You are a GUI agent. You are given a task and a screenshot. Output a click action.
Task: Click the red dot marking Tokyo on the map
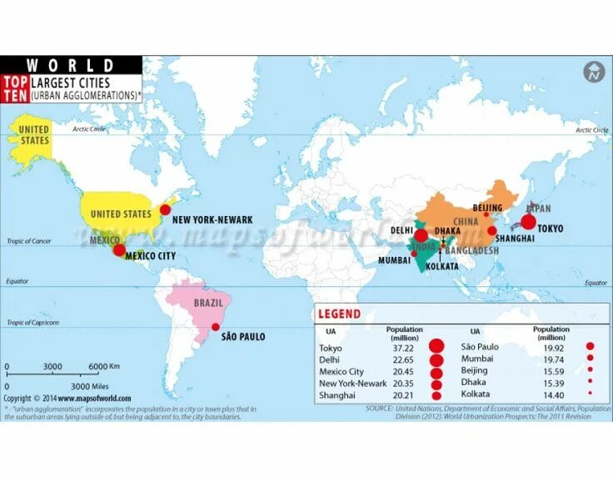527,222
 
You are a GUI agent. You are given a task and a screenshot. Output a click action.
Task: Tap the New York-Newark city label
212,219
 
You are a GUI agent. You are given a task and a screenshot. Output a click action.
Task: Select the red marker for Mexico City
119,249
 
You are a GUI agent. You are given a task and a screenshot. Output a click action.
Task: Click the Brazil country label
208,304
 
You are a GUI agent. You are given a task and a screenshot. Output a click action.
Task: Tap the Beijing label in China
487,208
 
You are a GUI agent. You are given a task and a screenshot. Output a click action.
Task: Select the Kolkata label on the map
441,267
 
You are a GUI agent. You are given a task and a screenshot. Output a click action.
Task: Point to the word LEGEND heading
340,314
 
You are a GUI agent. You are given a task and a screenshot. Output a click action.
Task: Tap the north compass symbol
593,72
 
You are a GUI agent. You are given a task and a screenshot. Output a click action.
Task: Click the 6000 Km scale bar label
104,367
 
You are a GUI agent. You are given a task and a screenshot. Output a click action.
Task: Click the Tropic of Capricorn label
32,323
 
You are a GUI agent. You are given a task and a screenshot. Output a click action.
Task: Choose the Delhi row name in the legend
331,359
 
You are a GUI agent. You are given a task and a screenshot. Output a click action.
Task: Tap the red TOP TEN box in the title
14,89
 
